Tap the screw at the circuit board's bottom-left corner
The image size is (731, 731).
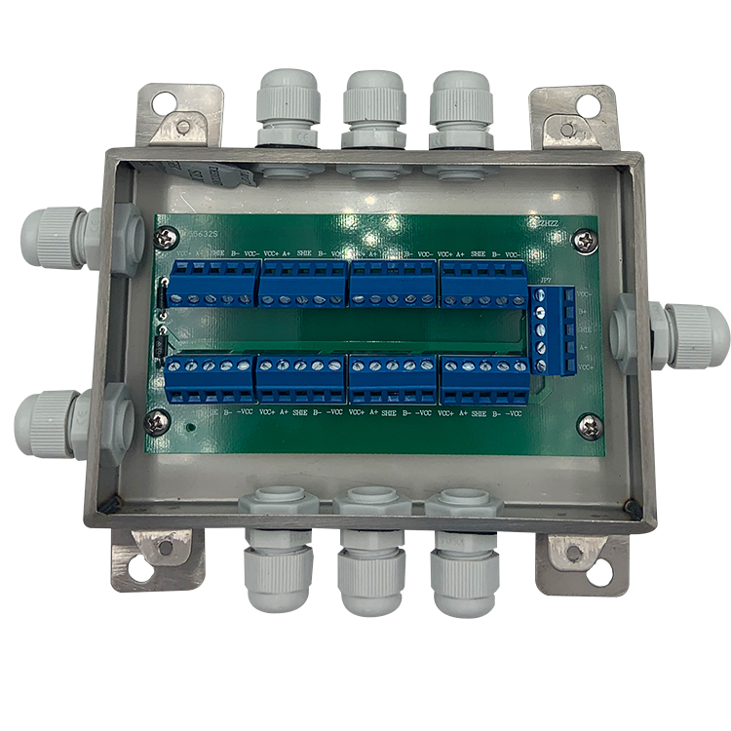(x=155, y=421)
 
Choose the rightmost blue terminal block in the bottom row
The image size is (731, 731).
(x=484, y=380)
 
